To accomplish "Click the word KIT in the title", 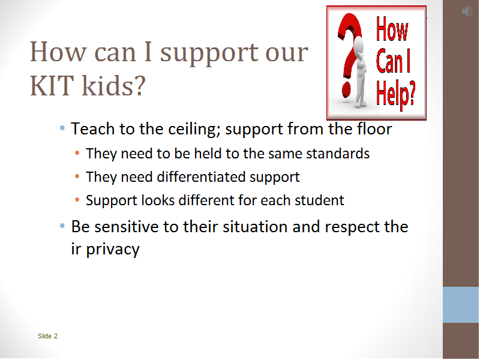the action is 52,85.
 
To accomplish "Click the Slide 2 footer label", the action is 47,336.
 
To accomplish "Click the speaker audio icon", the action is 467,11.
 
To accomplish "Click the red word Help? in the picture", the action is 395,94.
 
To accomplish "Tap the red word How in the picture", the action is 392,29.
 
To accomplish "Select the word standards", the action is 338,154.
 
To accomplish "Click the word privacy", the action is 113,249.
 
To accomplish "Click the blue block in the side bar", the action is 461,305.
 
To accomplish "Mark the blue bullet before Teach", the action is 62,128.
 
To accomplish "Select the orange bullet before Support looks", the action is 77,200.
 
